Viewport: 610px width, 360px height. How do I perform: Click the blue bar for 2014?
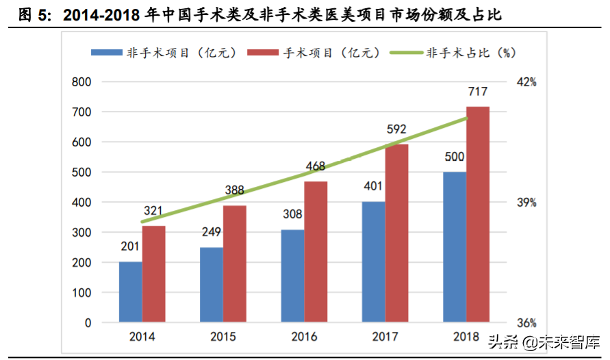coord(130,292)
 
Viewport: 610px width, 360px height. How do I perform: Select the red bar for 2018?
coord(478,214)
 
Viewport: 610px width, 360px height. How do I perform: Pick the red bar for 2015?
coord(234,263)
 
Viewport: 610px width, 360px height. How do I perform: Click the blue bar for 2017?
coord(373,261)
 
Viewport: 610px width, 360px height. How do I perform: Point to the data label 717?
coord(478,92)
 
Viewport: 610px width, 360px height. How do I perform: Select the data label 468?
coord(315,166)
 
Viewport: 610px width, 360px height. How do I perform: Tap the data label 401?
coord(373,187)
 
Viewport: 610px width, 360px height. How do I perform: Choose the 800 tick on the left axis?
coord(81,82)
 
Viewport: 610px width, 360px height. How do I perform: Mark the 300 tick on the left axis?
coord(81,233)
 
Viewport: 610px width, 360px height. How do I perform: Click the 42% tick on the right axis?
coord(526,82)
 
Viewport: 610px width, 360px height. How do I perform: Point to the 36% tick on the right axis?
coord(526,323)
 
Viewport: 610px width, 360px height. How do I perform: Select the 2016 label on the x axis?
coord(304,337)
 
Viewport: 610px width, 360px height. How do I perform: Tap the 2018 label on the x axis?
coord(466,337)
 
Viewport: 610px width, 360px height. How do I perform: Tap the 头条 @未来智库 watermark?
coord(544,340)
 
